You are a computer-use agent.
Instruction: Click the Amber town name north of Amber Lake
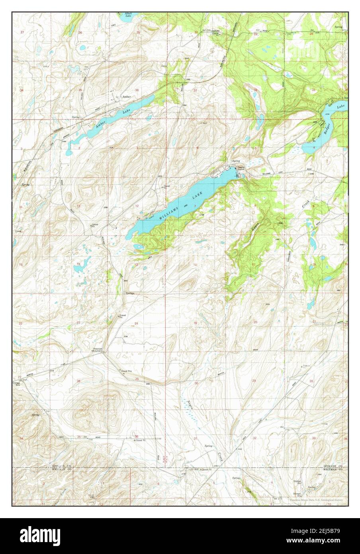127,97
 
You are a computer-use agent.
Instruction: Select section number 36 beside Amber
137,90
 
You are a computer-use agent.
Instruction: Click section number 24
136,323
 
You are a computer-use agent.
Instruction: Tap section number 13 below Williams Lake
136,265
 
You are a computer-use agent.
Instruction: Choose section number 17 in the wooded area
254,265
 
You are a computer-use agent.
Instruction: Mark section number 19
195,323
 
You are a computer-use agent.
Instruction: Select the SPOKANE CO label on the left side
61,466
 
